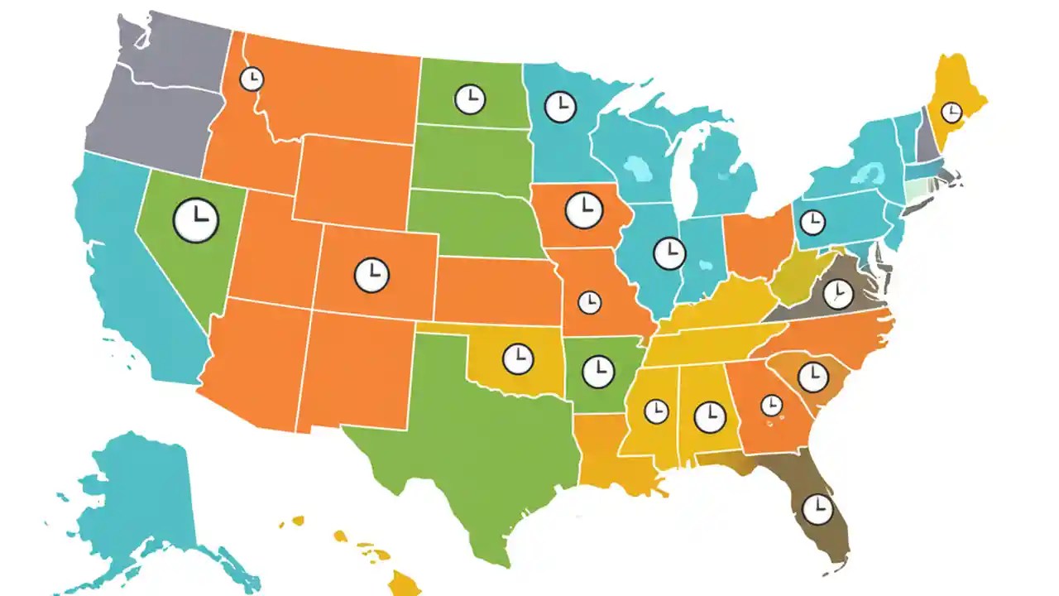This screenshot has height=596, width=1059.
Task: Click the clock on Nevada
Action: pos(195,220)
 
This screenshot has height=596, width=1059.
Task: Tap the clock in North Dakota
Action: pos(470,99)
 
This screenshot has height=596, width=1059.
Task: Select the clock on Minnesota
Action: pos(560,106)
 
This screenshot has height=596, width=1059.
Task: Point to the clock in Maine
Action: pos(952,111)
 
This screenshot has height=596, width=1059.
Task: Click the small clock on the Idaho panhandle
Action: pos(252,79)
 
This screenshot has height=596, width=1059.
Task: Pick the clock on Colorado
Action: pos(371,274)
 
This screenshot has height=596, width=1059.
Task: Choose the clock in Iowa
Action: pos(584,209)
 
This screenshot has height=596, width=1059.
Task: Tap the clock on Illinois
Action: pos(668,252)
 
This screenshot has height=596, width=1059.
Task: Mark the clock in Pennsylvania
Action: pos(812,222)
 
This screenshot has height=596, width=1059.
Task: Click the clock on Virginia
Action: pos(838,294)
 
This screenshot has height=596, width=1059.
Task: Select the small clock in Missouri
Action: pos(589,302)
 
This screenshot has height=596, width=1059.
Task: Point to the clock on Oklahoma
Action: pos(518,358)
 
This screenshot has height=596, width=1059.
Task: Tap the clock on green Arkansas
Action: pos(598,371)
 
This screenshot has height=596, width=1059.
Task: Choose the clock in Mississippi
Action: pos(656,410)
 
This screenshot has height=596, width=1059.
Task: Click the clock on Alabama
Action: pos(709,416)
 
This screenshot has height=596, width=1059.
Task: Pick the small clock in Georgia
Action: pos(771,405)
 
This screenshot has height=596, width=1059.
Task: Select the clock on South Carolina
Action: pos(812,377)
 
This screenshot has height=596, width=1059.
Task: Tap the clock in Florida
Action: pos(818,508)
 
